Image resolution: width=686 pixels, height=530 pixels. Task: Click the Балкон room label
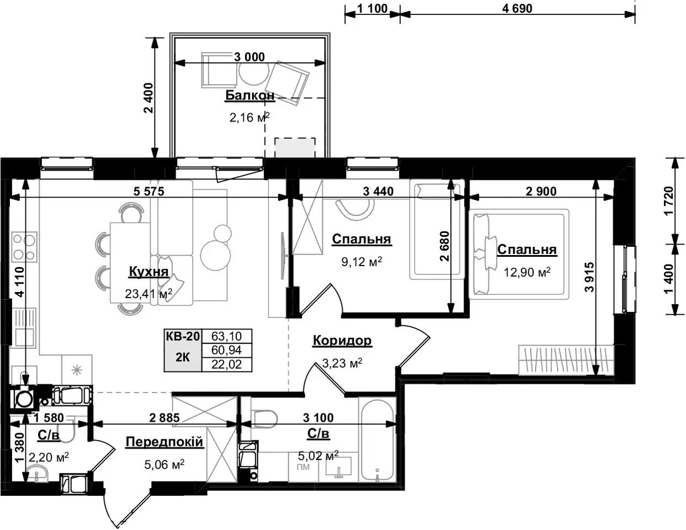point(249,96)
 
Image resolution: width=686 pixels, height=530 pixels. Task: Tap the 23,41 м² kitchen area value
point(148,294)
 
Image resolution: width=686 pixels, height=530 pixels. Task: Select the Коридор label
point(342,341)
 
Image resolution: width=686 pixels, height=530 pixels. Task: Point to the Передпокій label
point(164,442)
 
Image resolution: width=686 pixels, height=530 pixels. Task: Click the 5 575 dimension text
point(148,191)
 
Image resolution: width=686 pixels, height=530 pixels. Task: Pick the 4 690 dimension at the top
point(517,8)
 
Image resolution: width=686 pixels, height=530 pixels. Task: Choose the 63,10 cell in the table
point(227,337)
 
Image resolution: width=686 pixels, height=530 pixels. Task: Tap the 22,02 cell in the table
point(227,364)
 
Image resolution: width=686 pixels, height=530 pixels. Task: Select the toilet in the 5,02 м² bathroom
point(264,419)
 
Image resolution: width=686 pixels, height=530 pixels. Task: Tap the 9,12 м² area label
point(362,262)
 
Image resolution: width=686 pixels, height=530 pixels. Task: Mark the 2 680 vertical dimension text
point(444,246)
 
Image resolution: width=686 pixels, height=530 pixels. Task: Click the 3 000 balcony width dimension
point(249,57)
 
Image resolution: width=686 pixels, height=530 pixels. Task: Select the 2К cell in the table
point(183,357)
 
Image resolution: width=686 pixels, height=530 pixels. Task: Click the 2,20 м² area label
point(49,457)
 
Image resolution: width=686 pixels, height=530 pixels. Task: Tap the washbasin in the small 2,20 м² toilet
point(36,474)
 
